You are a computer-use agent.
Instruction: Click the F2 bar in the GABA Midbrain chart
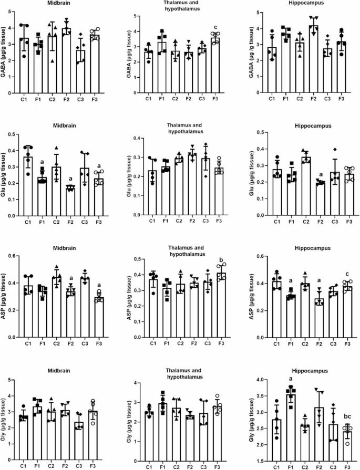(66, 60)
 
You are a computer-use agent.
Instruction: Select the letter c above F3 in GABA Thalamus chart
(215, 27)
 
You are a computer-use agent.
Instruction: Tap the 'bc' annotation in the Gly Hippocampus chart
(347, 416)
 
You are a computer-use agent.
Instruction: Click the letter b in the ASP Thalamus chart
(221, 259)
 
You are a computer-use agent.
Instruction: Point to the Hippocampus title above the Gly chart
(313, 371)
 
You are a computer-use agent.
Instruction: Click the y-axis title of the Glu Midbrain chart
(3, 175)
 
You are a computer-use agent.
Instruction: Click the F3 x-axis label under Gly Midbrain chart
(92, 466)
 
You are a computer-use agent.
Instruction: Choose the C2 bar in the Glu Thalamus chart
(179, 187)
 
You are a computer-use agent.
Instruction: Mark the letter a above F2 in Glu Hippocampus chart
(321, 174)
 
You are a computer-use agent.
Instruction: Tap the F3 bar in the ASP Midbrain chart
(99, 317)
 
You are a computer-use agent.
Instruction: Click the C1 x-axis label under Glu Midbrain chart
(28, 222)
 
